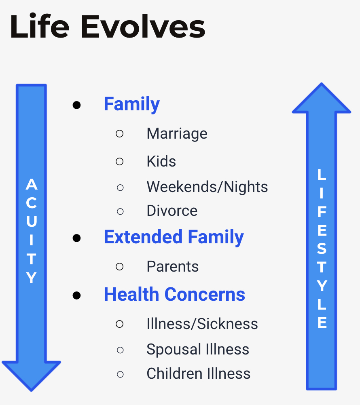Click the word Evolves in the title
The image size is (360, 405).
point(143,27)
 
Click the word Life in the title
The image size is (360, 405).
point(40,27)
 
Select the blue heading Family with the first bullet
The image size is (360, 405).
point(132,105)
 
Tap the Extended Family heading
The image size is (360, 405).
point(174,237)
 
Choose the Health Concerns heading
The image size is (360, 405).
point(174,294)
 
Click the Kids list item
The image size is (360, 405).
point(161,161)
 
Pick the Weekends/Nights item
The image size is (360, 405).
point(207,187)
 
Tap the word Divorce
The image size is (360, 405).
point(172,211)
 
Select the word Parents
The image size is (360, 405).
point(173,266)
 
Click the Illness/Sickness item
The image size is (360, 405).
point(202,324)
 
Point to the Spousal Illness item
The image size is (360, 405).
point(198,350)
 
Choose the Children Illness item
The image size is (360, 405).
point(199,373)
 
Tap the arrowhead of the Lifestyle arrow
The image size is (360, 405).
point(322,98)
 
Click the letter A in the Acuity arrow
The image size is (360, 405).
point(32,184)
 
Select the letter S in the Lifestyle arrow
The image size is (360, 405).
point(322,249)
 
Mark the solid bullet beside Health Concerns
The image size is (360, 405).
point(76,295)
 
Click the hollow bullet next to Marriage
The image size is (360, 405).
point(119,133)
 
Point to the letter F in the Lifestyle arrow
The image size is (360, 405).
point(322,212)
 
